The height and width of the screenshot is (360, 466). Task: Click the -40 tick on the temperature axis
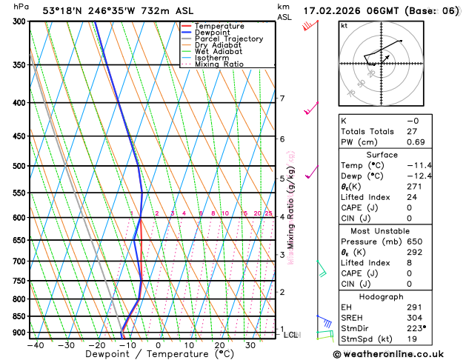[35, 345]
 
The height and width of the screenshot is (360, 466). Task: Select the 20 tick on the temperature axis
[219, 345]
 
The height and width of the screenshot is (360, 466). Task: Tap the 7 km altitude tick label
[282, 99]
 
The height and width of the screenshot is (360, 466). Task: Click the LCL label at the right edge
[291, 335]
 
